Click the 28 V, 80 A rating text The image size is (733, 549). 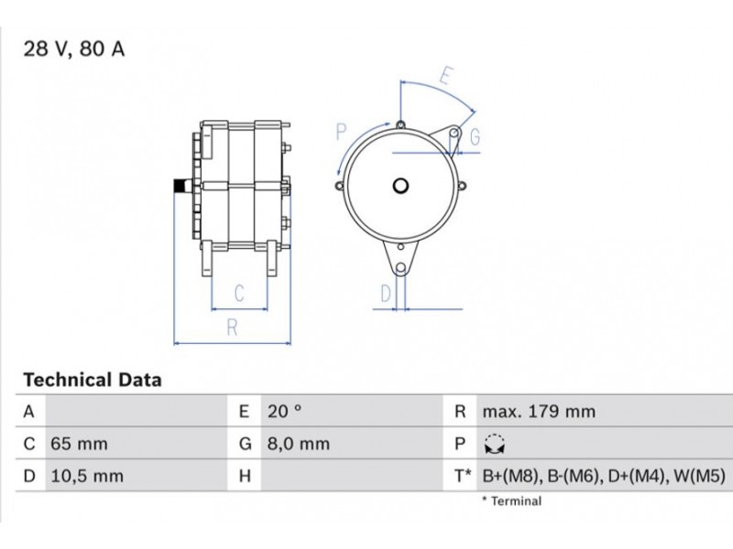click(x=74, y=49)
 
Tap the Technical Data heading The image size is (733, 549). click(x=93, y=380)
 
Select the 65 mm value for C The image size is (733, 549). click(x=79, y=444)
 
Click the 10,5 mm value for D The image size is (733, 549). click(x=87, y=476)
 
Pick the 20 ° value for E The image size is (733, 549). click(x=284, y=411)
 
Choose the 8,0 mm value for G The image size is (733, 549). click(x=299, y=444)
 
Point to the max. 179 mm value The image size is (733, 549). click(x=539, y=411)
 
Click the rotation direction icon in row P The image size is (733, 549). click(x=495, y=444)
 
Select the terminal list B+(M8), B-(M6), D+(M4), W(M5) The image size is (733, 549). click(x=604, y=476)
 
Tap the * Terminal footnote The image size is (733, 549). click(x=512, y=501)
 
